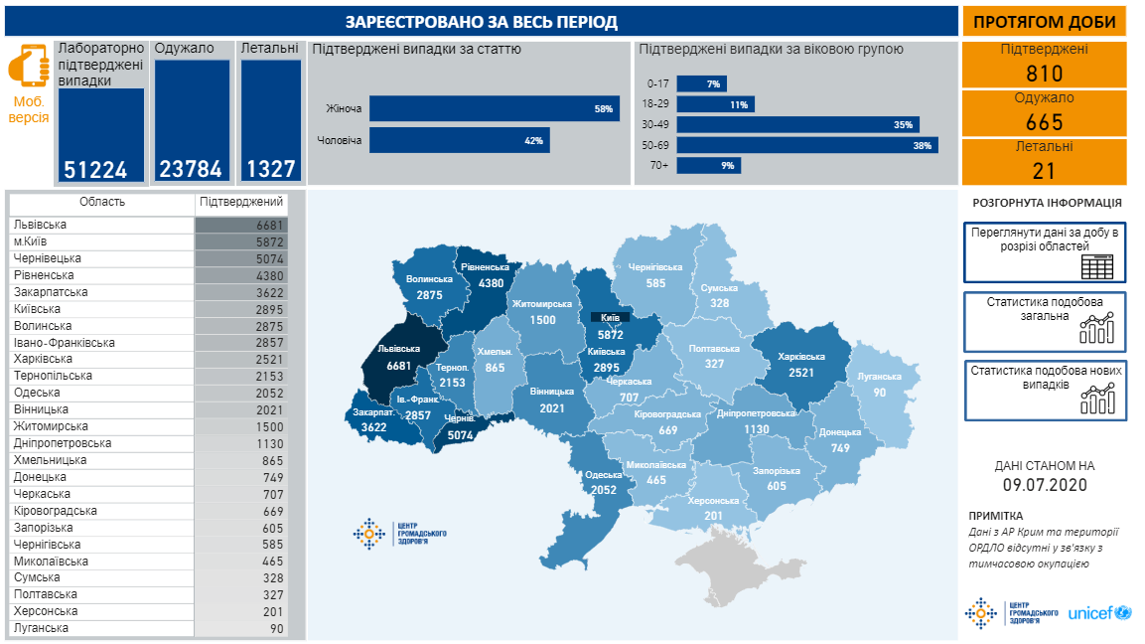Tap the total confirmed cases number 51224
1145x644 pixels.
pyautogui.click(x=95, y=170)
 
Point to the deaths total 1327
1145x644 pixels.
pyautogui.click(x=271, y=169)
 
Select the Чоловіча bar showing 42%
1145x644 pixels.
pyautogui.click(x=459, y=140)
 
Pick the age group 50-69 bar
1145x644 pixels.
pyautogui.click(x=806, y=145)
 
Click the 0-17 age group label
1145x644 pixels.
pyautogui.click(x=656, y=84)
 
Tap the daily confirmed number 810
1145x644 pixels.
pyautogui.click(x=1044, y=74)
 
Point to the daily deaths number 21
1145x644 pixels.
pyautogui.click(x=1044, y=171)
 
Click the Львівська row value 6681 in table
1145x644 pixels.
pyautogui.click(x=269, y=225)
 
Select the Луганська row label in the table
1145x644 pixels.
pyautogui.click(x=41, y=628)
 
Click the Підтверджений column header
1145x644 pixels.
pyautogui.click(x=241, y=202)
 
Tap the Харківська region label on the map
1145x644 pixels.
pyautogui.click(x=802, y=356)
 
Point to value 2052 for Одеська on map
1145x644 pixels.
pyautogui.click(x=602, y=489)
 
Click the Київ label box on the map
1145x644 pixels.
pyautogui.click(x=611, y=317)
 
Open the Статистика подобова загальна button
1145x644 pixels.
pyautogui.click(x=1045, y=321)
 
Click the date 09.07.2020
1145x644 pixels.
pyautogui.click(x=1045, y=485)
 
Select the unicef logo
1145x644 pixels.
pyautogui.click(x=1098, y=613)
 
